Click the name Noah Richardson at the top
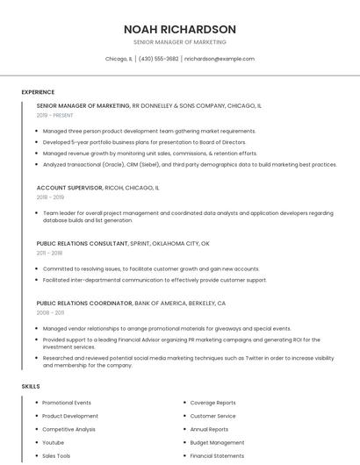180,29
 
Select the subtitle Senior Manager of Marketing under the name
180,41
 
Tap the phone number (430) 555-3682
159,59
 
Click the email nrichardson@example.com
220,59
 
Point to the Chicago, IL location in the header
119,59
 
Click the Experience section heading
38,92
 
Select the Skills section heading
30,386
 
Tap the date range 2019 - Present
55,115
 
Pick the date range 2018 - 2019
50,197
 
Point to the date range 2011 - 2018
49,253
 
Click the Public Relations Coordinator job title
83,303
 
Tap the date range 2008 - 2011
50,312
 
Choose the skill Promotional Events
67,403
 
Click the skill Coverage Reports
212,403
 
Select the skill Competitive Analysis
69,430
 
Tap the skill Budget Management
218,443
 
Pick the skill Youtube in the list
54,443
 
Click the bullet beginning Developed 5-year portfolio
144,142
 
